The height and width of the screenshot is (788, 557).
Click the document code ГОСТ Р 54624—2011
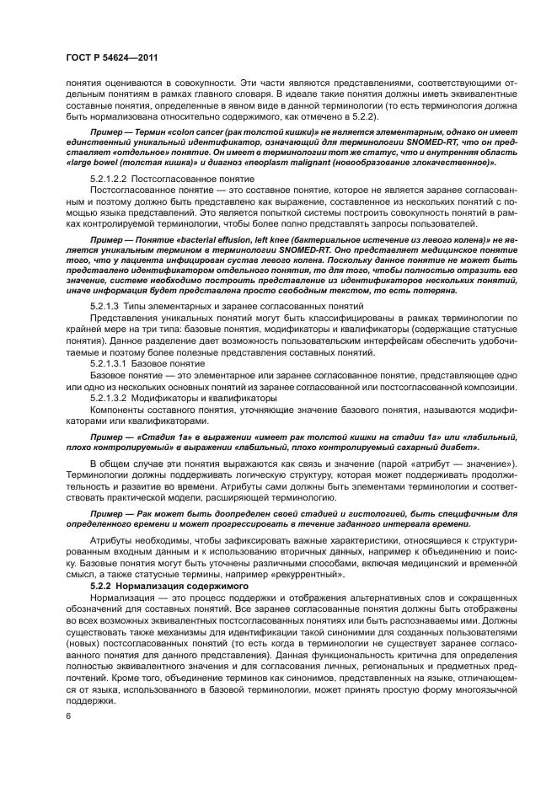point(111,57)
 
